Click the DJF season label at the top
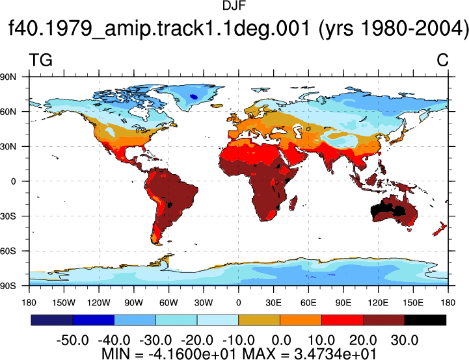234,6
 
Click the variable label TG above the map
41,60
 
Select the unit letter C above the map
442,60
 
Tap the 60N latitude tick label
8,112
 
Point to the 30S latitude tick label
8,216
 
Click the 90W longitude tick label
134,303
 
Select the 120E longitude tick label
378,303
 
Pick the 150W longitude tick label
64,303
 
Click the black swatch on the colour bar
425,320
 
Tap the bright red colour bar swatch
342,320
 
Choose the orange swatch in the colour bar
301,320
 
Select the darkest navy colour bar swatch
52,320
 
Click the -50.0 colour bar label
73,341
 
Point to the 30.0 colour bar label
405,341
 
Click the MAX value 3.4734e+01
335,354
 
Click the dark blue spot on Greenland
194,97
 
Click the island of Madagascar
293,203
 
